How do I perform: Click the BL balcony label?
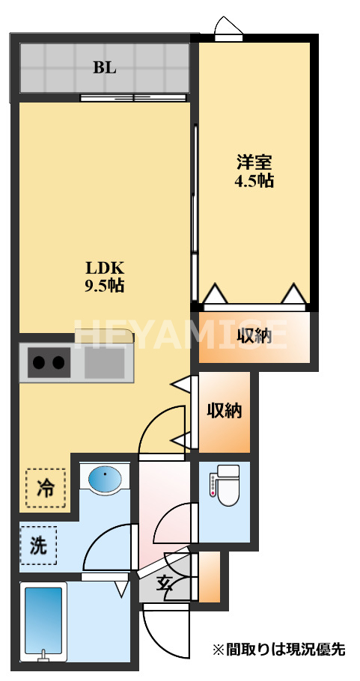click(x=105, y=67)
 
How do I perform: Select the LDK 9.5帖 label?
click(x=104, y=276)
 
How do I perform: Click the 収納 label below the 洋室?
click(x=254, y=337)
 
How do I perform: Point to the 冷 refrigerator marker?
click(x=45, y=489)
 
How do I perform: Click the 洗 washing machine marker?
click(x=37, y=546)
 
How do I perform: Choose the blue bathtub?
click(x=43, y=620)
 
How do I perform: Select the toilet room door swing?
click(x=174, y=524)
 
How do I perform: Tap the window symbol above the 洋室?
click(x=228, y=28)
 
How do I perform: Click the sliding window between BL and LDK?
click(x=133, y=97)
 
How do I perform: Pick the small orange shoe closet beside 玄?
click(x=210, y=577)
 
